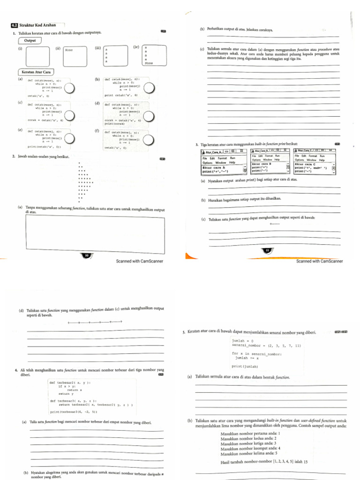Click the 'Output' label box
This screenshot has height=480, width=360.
point(30,40)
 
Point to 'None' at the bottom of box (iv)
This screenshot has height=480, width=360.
point(149,63)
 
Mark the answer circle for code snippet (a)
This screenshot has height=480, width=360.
point(71,88)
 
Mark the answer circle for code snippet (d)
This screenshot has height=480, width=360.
point(150,114)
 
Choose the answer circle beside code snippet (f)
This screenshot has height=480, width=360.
point(150,139)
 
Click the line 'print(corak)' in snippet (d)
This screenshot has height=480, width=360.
point(114,123)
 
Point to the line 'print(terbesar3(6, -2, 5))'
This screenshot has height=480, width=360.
point(74,412)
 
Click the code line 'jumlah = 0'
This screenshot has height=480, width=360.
point(242,341)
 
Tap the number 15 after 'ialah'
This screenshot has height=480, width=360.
point(305,462)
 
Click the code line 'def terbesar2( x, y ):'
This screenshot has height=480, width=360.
point(70,382)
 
